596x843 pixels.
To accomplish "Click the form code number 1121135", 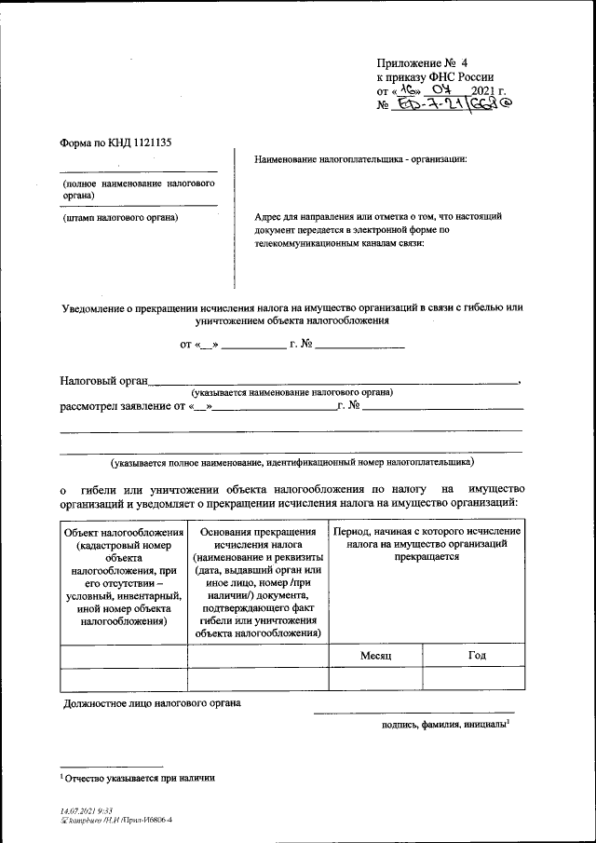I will (146, 143).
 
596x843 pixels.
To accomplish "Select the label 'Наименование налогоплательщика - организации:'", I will (359, 159).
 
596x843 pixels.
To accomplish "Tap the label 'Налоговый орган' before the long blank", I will (103, 380).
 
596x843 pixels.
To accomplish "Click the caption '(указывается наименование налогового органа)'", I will (291, 393).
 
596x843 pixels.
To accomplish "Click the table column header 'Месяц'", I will (375, 656).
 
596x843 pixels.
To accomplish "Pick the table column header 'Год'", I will (476, 655).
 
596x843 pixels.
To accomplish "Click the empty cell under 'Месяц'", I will (375, 679).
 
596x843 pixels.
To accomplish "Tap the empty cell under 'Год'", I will (476, 679).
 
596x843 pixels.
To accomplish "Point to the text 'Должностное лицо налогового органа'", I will (151, 703).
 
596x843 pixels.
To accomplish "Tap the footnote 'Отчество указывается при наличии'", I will (140, 777).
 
